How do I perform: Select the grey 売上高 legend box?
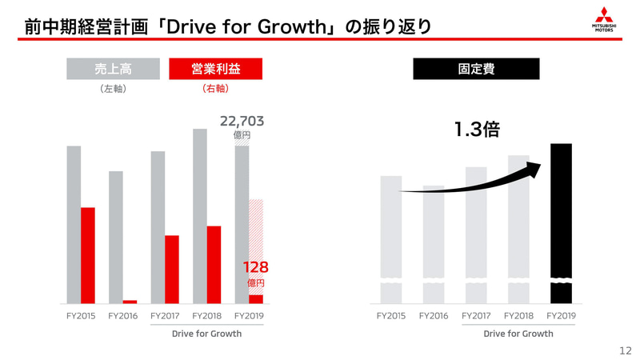[x=114, y=70]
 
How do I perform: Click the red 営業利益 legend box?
[x=216, y=70]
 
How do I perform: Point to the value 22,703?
[x=242, y=122]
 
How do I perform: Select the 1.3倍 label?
[x=478, y=129]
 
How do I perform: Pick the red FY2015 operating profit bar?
[x=88, y=254]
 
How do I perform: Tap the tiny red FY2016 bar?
[x=130, y=302]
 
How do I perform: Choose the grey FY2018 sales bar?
[x=199, y=216]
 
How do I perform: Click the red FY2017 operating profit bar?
[x=171, y=269]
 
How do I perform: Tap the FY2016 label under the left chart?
[x=122, y=317]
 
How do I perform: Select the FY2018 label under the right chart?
[x=518, y=317]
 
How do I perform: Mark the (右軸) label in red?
[x=216, y=90]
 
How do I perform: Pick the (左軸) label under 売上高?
[x=114, y=90]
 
